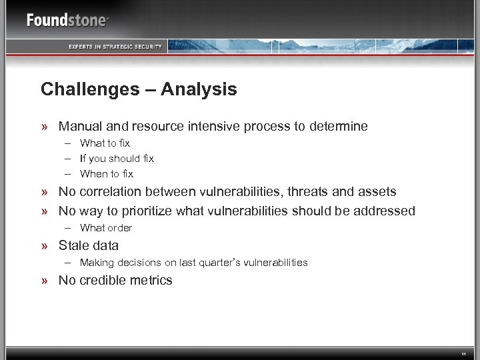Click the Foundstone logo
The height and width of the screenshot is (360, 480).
67,20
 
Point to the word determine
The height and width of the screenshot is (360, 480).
335,126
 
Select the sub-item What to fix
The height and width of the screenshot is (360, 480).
105,143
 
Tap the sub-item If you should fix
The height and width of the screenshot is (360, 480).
117,159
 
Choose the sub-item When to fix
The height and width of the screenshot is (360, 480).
107,174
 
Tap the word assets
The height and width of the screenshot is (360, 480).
375,192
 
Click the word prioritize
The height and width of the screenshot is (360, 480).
147,211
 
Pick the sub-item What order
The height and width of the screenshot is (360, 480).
106,228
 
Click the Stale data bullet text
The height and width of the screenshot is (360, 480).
89,245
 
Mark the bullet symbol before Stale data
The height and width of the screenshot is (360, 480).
45,245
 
